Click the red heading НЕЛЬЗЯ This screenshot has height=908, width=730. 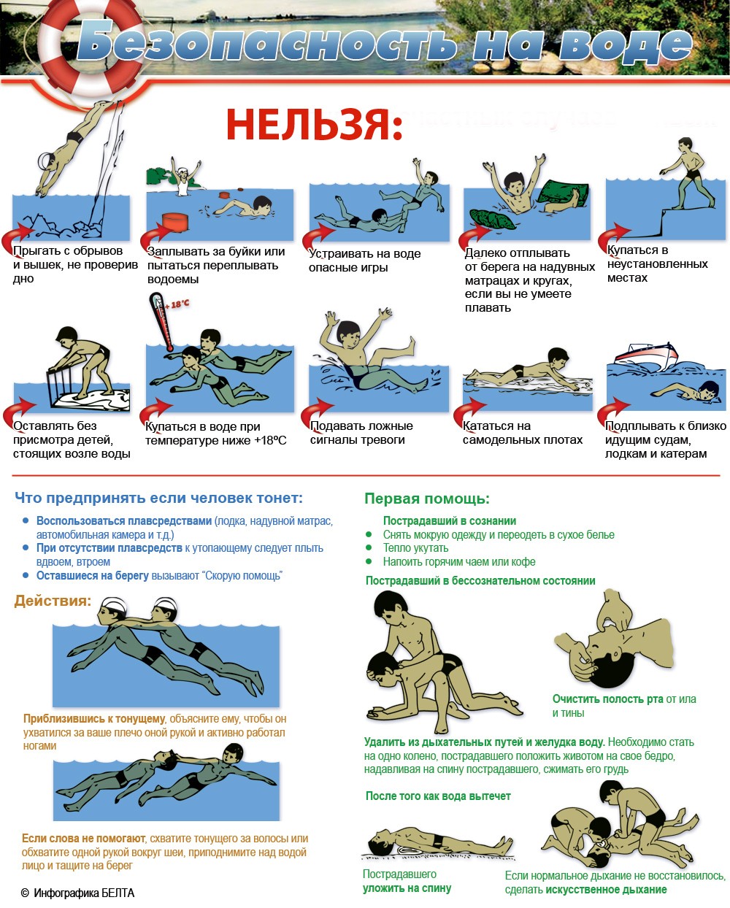315,125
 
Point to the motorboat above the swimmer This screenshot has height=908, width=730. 645,355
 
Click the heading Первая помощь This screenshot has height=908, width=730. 427,499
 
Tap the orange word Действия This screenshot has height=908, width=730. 53,601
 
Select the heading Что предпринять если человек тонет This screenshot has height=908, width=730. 158,498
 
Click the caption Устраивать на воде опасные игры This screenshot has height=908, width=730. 364,261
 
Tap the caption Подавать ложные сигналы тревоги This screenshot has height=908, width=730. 361,433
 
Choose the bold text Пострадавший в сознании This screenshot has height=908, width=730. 450,520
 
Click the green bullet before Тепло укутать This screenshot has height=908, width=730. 369,547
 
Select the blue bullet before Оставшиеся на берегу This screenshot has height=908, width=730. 26,575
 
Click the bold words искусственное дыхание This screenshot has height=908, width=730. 606,890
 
